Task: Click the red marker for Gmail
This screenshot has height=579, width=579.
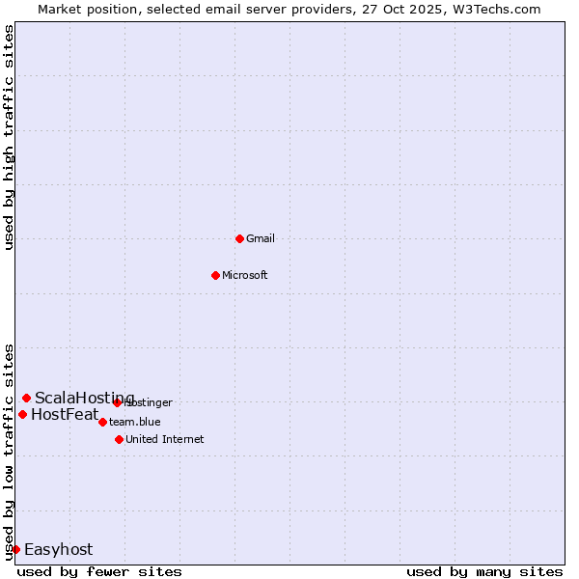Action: [x=239, y=238]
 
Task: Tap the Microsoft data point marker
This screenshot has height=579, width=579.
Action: [x=215, y=275]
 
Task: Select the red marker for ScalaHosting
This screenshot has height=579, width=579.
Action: [x=26, y=398]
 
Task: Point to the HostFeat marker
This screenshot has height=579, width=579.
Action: [x=22, y=414]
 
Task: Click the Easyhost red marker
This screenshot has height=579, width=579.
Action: [x=15, y=549]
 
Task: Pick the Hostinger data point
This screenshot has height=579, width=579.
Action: [x=117, y=402]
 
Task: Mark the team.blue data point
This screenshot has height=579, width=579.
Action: [x=102, y=422]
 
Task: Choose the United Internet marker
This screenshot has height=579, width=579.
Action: [x=119, y=439]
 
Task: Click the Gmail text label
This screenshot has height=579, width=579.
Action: [x=261, y=238]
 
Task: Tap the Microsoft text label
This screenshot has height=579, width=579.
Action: [x=245, y=275]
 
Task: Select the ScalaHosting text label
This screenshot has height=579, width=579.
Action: [x=85, y=399]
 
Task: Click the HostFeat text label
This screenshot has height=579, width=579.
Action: [x=65, y=415]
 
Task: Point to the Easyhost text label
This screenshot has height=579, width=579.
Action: [x=58, y=550]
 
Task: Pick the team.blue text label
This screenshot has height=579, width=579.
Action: [x=135, y=422]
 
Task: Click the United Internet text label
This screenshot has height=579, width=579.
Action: [x=165, y=439]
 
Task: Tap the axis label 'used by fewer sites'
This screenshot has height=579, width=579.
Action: [x=99, y=571]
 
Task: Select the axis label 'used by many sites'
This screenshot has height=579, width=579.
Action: [x=484, y=571]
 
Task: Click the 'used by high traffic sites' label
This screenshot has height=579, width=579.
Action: [x=10, y=137]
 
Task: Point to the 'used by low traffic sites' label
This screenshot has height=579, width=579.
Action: [x=10, y=452]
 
